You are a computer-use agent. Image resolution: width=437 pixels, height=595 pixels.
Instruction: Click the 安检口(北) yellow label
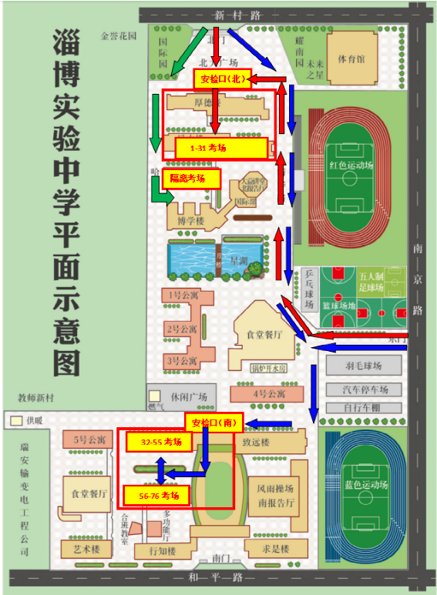click(222, 79)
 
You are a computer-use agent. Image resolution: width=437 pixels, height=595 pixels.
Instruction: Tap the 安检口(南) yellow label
click(213, 422)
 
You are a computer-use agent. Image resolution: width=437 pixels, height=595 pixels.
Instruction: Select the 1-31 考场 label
click(220, 148)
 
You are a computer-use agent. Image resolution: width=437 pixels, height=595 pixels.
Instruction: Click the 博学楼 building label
click(190, 220)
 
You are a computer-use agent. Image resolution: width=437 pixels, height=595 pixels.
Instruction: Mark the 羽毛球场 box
click(362, 366)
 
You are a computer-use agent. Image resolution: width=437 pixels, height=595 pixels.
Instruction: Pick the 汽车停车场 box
click(362, 388)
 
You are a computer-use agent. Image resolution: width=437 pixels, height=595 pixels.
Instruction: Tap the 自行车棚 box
click(362, 406)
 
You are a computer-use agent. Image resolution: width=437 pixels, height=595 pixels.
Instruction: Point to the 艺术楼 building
click(86, 550)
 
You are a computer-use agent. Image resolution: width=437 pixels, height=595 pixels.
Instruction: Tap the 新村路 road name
click(236, 15)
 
